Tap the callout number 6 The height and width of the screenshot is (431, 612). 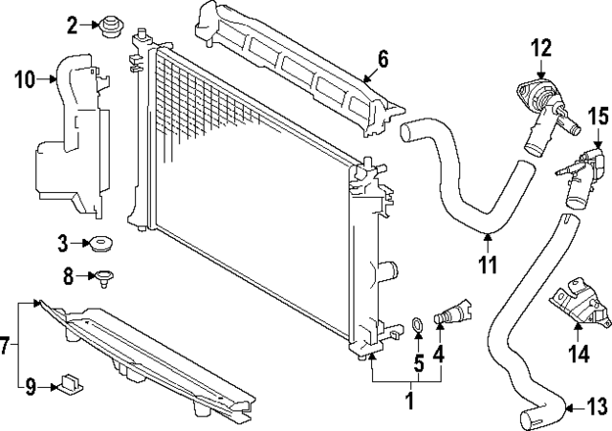[382, 59]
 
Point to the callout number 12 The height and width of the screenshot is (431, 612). [541, 45]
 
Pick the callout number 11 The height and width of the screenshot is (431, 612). [489, 265]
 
